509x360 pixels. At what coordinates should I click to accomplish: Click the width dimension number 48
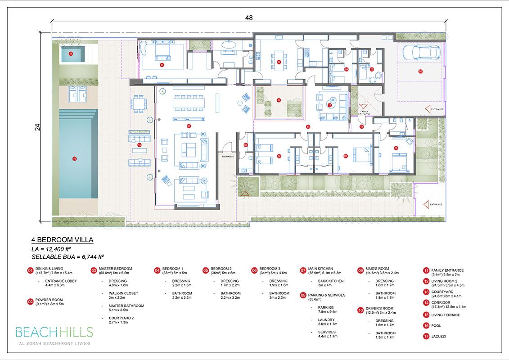(249, 18)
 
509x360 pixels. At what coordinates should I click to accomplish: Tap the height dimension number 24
(37, 127)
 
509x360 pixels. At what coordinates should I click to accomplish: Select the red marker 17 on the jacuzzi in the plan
(71, 54)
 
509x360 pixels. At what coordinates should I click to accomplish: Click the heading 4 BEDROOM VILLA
(62, 240)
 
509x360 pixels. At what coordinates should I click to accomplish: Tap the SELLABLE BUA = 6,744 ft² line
(68, 257)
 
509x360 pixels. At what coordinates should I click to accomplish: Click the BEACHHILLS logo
(54, 333)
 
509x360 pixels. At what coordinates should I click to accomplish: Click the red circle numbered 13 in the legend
(426, 292)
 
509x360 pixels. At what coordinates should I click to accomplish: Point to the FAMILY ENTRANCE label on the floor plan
(364, 112)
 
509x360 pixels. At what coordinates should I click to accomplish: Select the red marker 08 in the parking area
(420, 71)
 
